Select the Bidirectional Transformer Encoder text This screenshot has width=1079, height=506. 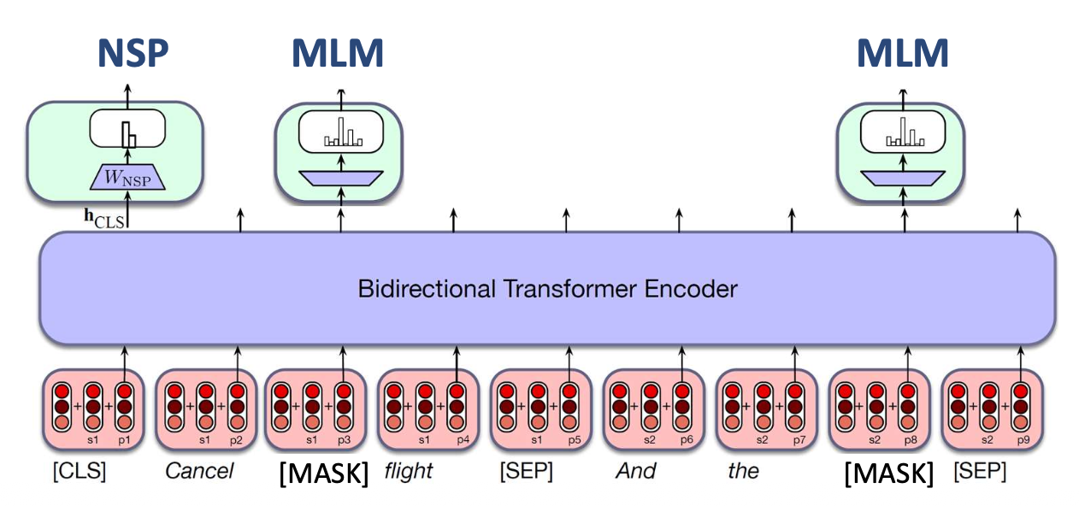click(547, 288)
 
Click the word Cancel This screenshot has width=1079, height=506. click(199, 471)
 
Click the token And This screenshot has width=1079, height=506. click(635, 471)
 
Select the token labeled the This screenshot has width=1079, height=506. click(743, 471)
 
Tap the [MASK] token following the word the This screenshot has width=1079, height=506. click(888, 473)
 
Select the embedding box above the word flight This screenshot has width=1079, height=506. click(425, 409)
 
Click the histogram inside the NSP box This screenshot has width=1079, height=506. click(127, 134)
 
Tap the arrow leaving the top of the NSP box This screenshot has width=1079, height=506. click(127, 93)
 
